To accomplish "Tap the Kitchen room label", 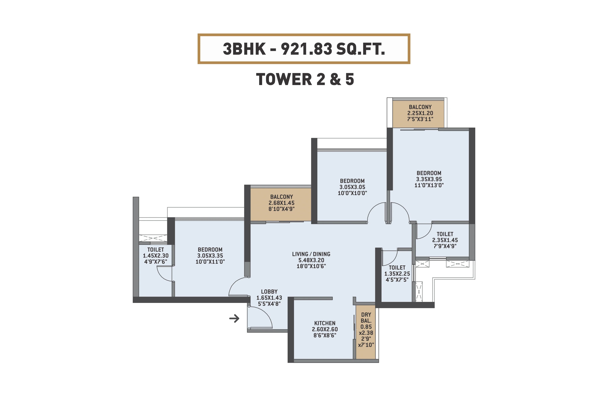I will (325, 323).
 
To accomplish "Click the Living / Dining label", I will (311, 254).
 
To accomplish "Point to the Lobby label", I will (269, 292).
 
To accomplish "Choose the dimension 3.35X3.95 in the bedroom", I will (429, 179).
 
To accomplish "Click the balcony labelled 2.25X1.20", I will (420, 113).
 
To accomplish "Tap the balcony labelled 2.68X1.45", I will (281, 203).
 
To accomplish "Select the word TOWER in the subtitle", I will (284, 79).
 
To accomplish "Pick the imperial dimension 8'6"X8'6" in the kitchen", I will (325, 335).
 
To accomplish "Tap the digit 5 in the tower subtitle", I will (349, 79).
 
